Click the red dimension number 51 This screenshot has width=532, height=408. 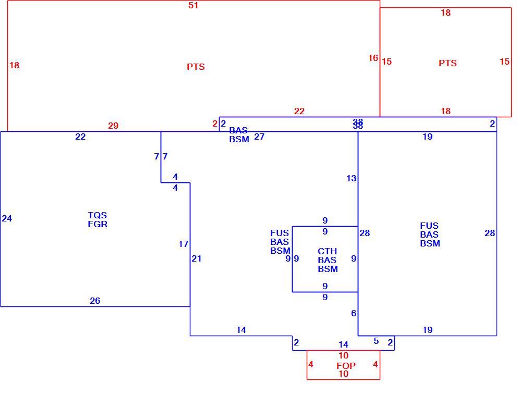pyautogui.click(x=193, y=5)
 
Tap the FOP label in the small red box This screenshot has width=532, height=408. pyautogui.click(x=346, y=366)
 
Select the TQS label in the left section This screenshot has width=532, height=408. pyautogui.click(x=98, y=215)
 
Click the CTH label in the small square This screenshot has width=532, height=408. pyautogui.click(x=328, y=251)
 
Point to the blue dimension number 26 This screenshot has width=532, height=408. pyautogui.click(x=95, y=301)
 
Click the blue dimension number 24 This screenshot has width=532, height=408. pyautogui.click(x=7, y=218)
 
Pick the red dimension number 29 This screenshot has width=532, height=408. pyautogui.click(x=113, y=126)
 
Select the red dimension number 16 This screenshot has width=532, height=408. pyautogui.click(x=373, y=58)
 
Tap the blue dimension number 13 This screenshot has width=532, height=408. pyautogui.click(x=352, y=178)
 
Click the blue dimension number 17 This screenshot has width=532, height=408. pyautogui.click(x=183, y=244)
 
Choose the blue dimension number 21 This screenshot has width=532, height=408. pyautogui.click(x=197, y=258)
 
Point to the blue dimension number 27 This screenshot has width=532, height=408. pyautogui.click(x=259, y=137)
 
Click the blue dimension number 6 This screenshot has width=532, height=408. pyautogui.click(x=354, y=313)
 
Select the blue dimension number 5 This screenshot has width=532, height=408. pyautogui.click(x=376, y=341)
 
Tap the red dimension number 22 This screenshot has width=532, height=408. pyautogui.click(x=299, y=111)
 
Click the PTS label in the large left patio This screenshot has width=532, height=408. pyautogui.click(x=196, y=67)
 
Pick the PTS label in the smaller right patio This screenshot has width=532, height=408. pyautogui.click(x=448, y=63)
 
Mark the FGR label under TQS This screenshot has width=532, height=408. pyautogui.click(x=98, y=224)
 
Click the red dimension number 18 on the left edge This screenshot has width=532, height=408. pyautogui.click(x=14, y=66)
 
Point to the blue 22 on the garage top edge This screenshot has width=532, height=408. pyautogui.click(x=80, y=137)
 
